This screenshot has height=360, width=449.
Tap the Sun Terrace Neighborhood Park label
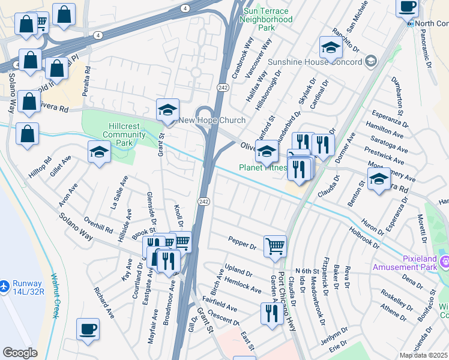pyautogui.click(x=266, y=19)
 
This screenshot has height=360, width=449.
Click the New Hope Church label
pyautogui.click(x=212, y=121)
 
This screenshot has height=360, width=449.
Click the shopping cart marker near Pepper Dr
pyautogui.click(x=275, y=245)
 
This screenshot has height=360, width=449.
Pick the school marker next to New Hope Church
pyautogui.click(x=168, y=110)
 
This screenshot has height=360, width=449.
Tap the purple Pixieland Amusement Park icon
pyautogui.click(x=445, y=262)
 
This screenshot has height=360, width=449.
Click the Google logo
pyautogui.click(x=20, y=353)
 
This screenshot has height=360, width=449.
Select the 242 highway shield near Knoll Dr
pyautogui.click(x=203, y=202)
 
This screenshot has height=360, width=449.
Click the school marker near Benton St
pyautogui.click(x=379, y=179)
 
